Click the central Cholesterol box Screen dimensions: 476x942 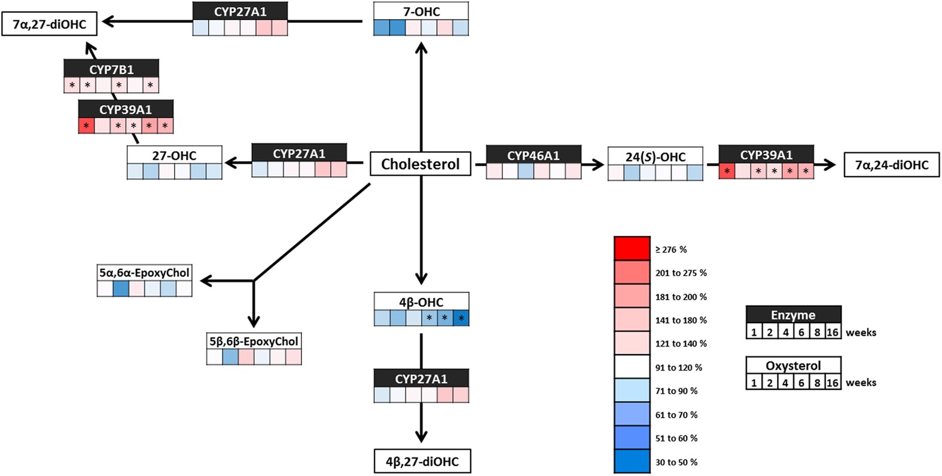[x=420, y=164]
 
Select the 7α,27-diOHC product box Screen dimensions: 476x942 [x=49, y=24]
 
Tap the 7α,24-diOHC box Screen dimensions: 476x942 [x=891, y=165]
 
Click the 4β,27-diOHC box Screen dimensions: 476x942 [x=422, y=461]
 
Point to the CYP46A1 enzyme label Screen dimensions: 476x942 [x=534, y=155]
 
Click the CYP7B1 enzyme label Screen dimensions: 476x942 [x=111, y=69]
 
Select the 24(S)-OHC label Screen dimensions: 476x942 [x=656, y=156]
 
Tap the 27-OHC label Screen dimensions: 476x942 [x=174, y=155]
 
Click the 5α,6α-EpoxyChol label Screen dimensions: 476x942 [x=144, y=272]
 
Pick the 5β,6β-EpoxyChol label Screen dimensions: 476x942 [x=254, y=341]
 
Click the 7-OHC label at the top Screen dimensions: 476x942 [x=421, y=11]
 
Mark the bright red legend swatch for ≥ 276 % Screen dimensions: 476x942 [x=632, y=248]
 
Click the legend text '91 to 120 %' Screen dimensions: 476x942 [x=678, y=367]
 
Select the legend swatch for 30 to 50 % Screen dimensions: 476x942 [x=632, y=461]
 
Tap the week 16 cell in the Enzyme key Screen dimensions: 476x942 [x=833, y=332]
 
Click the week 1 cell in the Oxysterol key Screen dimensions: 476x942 [x=754, y=382]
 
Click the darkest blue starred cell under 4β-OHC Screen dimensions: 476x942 [x=461, y=318]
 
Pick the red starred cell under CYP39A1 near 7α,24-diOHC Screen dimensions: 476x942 [x=727, y=171]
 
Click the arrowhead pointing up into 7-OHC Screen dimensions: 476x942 [x=422, y=46]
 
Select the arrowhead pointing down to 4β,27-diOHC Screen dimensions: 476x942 [x=422, y=437]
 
